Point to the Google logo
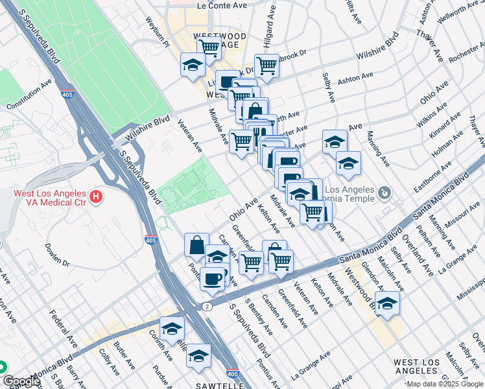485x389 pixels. [21, 381]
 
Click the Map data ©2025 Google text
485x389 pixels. [444, 384]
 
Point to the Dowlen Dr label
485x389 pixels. [56, 255]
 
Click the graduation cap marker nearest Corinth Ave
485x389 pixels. [172, 328]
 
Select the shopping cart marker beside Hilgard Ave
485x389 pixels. [266, 65]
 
